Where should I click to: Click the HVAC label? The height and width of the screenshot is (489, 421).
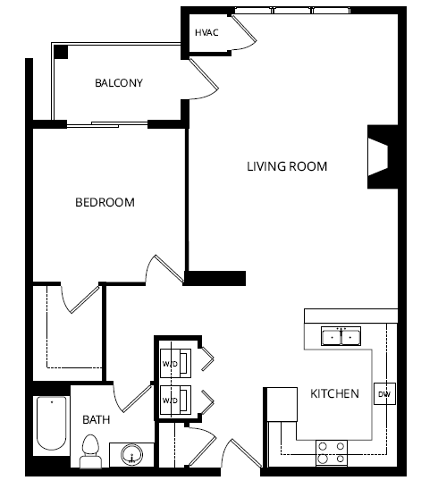[206, 33]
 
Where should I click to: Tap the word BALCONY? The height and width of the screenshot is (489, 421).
[119, 84]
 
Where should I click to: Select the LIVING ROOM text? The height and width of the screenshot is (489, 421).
[287, 166]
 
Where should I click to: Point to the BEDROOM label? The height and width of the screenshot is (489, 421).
[104, 203]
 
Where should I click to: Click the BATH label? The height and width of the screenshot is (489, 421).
[96, 419]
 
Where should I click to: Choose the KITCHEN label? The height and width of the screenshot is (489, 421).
[334, 393]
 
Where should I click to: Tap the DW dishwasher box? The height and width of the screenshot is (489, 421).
[384, 394]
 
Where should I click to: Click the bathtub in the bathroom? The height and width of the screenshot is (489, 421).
[52, 426]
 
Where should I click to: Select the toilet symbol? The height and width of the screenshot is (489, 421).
[89, 451]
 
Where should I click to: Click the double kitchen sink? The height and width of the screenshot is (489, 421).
[341, 337]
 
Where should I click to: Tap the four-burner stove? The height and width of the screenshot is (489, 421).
[332, 451]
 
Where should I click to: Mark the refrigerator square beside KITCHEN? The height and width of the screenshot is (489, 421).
[280, 403]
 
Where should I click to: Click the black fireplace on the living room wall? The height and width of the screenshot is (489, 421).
[379, 157]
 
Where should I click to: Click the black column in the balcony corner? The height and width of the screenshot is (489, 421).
[61, 52]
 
